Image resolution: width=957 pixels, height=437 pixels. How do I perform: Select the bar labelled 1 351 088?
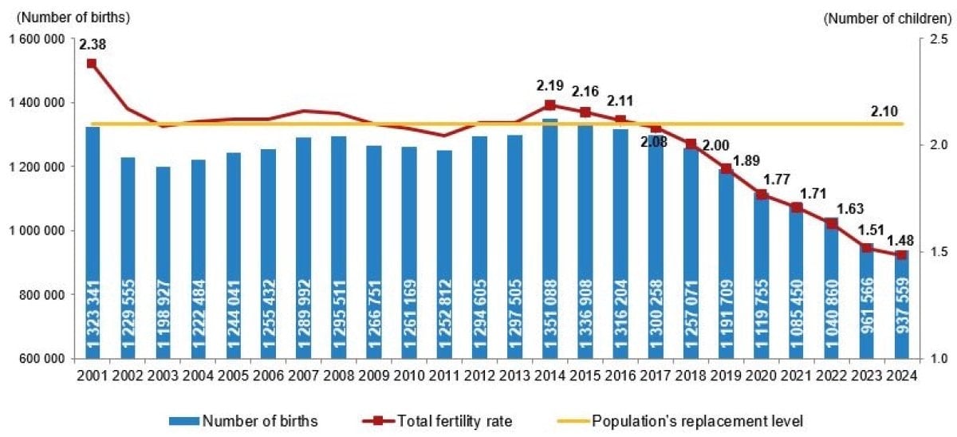pos(549,239)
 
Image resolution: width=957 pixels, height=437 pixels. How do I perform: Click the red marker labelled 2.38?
pos(92,63)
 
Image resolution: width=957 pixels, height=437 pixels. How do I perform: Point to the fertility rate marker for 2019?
pos(726,168)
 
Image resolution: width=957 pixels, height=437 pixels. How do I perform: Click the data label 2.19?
pos(549,85)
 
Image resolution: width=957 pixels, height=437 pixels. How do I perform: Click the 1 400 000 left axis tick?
pos(35,103)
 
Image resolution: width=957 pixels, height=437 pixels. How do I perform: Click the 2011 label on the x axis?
pos(443,373)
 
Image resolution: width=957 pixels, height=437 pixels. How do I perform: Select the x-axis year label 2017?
pos(655,373)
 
